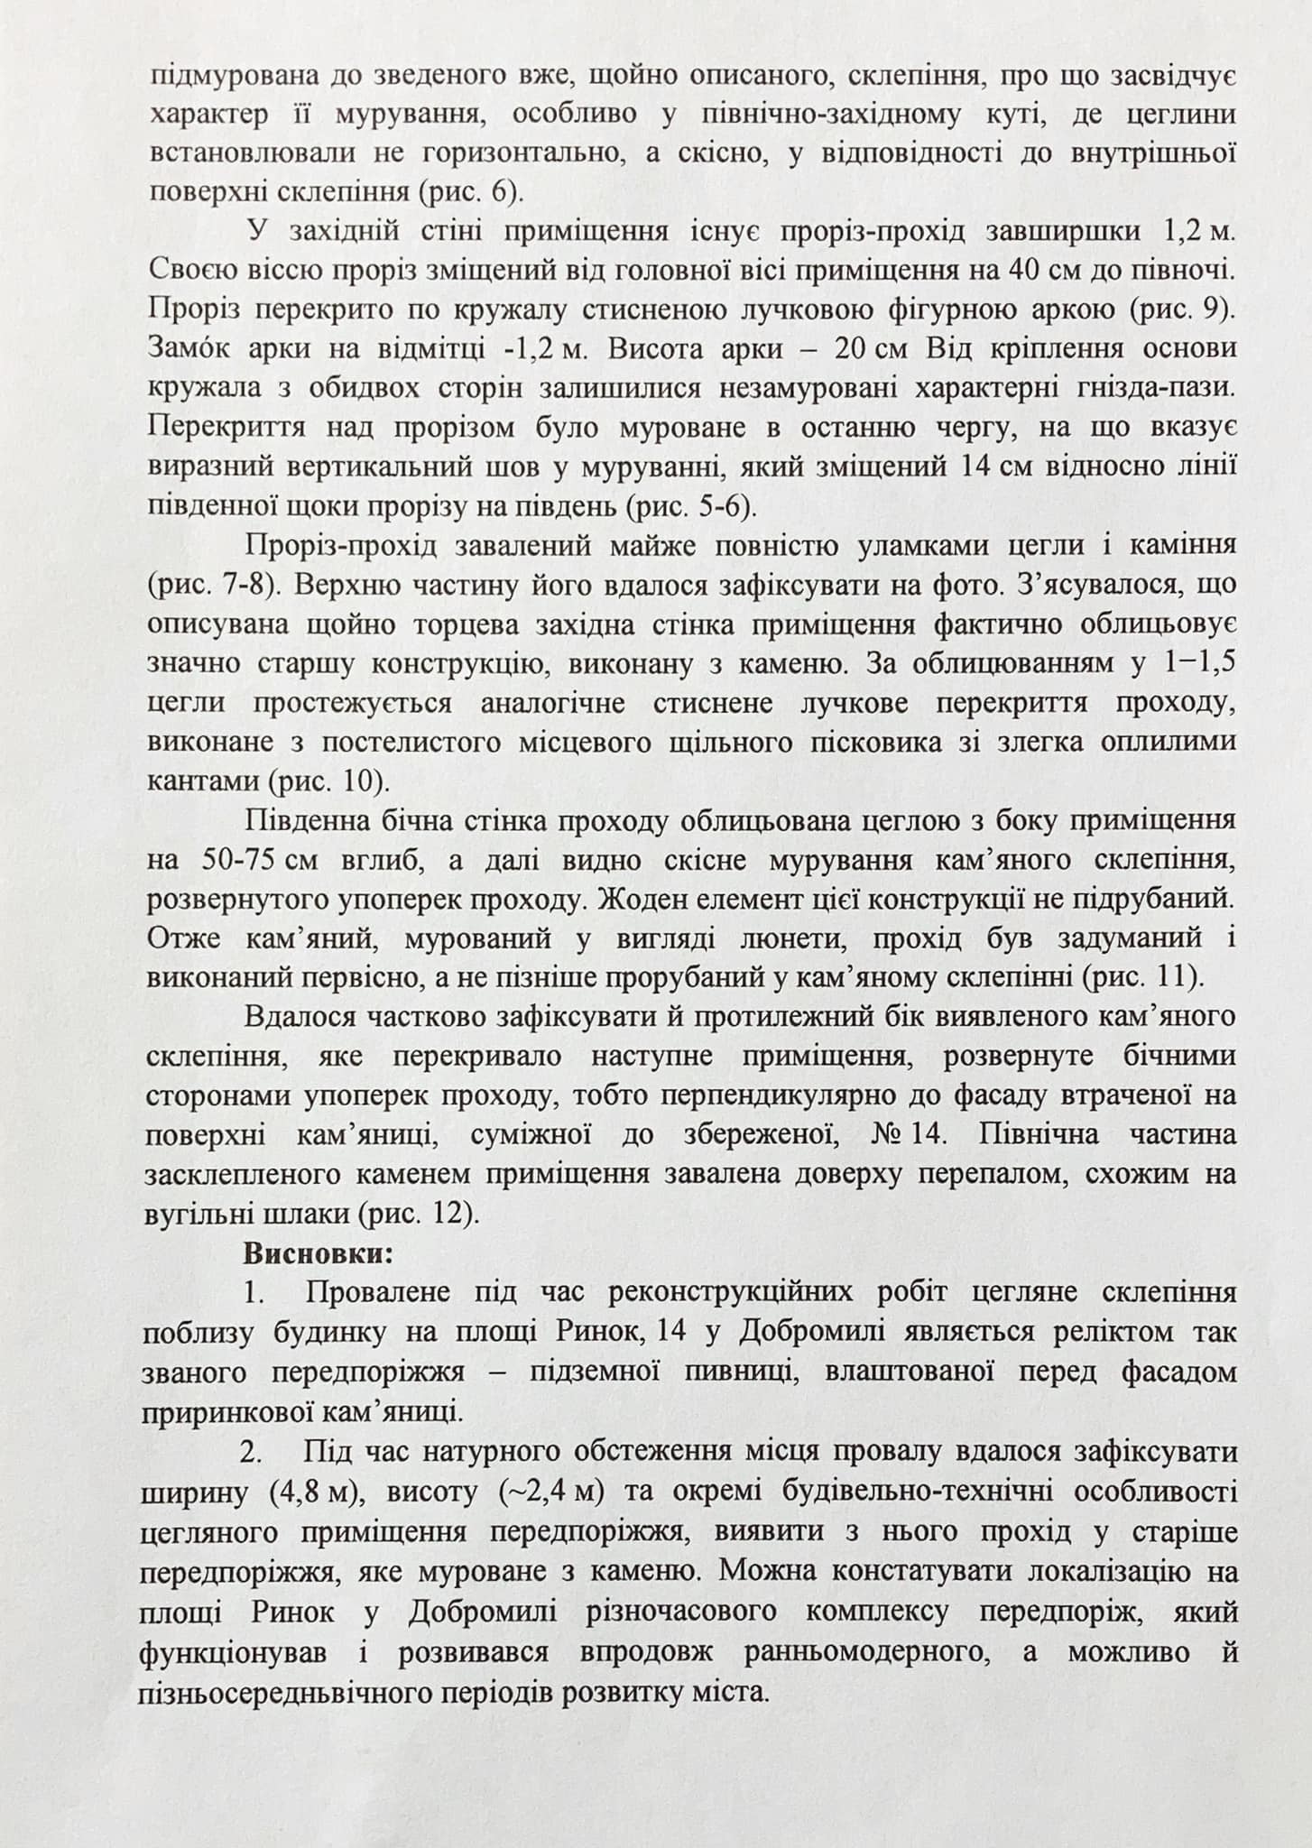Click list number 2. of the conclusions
253,1453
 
